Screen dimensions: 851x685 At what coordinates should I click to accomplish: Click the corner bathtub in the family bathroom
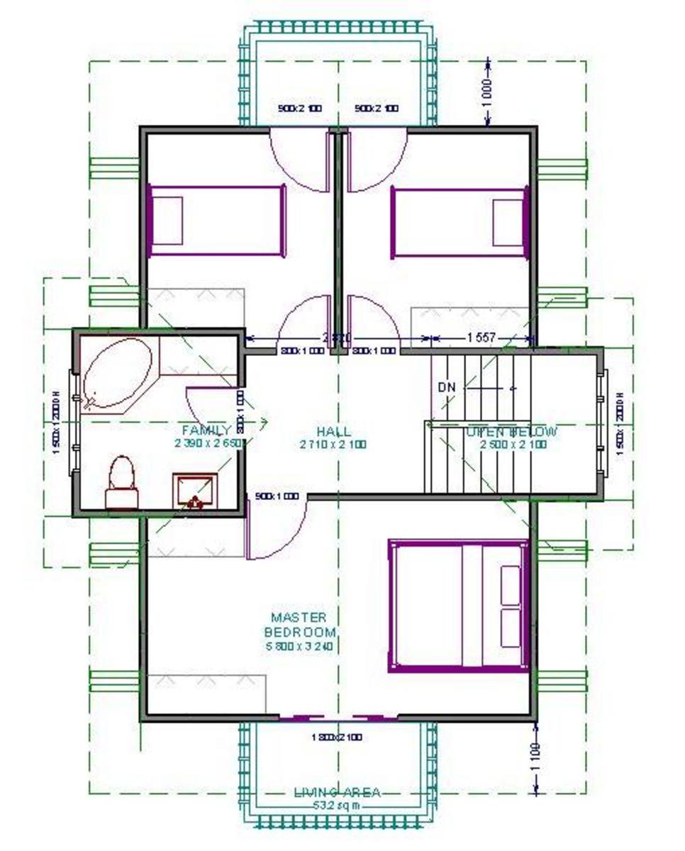tap(118, 373)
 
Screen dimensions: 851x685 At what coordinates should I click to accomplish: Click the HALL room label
tap(333, 431)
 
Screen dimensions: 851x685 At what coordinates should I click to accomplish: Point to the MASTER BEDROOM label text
tap(299, 625)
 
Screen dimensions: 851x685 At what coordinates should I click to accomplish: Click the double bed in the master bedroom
tap(460, 606)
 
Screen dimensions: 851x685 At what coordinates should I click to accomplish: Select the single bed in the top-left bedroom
tap(216, 221)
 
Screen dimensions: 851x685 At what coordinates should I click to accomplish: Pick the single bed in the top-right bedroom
tap(460, 222)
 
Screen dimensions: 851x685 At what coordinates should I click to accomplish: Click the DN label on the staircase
tap(447, 387)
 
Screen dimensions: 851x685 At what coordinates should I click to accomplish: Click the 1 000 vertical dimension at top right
tap(488, 93)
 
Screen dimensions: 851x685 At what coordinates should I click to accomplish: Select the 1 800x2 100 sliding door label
tap(337, 737)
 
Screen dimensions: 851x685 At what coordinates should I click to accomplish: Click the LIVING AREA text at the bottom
tap(337, 792)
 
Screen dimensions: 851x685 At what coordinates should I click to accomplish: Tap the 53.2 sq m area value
tap(337, 805)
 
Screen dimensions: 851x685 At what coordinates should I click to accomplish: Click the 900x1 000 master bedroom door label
tap(277, 496)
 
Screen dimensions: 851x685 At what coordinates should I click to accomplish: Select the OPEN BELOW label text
tap(511, 431)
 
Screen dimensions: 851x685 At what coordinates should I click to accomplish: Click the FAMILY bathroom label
tap(206, 430)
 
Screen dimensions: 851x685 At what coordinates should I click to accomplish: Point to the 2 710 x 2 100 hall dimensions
tap(333, 445)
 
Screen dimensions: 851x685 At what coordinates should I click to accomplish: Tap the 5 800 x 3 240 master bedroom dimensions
tap(299, 646)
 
